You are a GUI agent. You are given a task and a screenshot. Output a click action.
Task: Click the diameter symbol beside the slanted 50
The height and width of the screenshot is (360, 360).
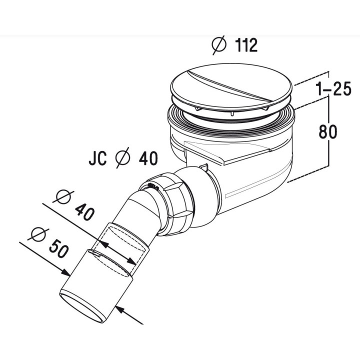38,233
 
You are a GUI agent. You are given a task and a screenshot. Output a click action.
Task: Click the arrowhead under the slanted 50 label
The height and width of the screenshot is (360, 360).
66,273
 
